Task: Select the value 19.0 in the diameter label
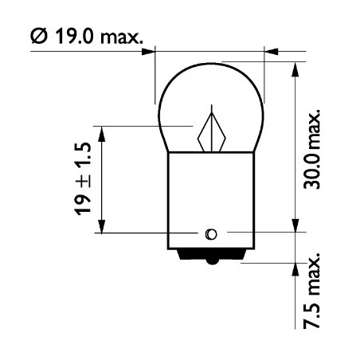(x=76, y=37)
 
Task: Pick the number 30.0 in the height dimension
(x=314, y=170)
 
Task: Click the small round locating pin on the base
(x=210, y=233)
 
